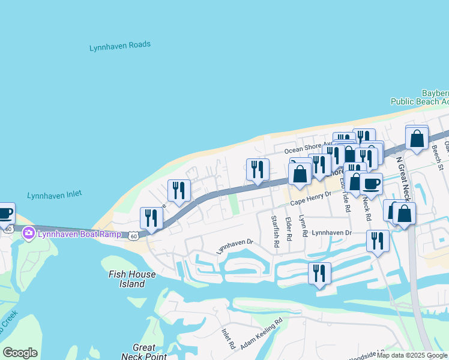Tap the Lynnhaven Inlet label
54,195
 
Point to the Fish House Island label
132,279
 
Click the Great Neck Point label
144,352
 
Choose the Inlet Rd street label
227,338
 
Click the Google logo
20,353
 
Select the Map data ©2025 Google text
412,356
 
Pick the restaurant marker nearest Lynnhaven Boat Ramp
151,218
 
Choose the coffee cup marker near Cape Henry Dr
371,184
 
